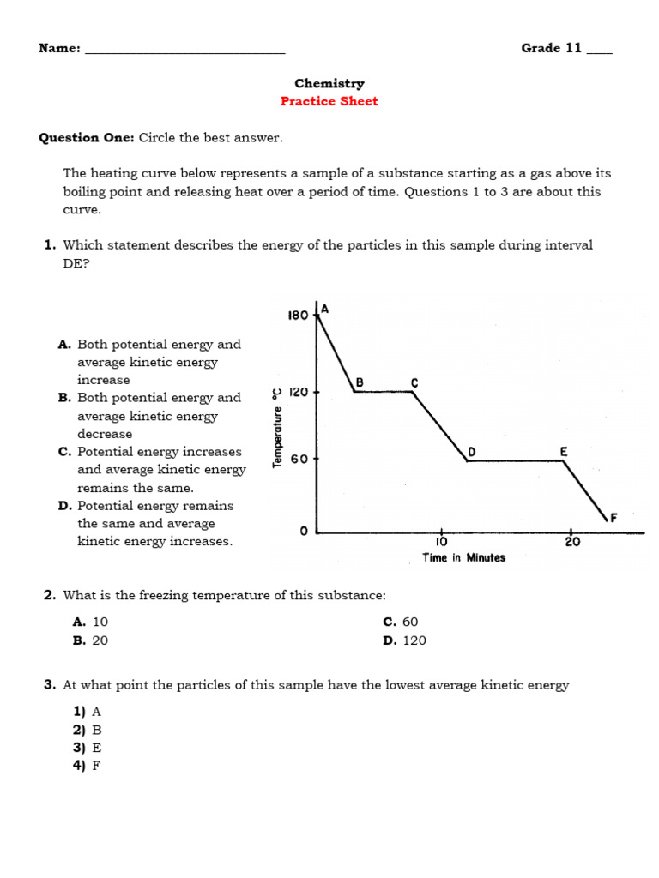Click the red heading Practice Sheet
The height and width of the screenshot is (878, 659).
point(329,101)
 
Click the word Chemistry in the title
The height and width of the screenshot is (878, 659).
point(329,83)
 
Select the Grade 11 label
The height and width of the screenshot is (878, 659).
point(552,48)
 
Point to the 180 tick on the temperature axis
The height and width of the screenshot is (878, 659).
point(297,316)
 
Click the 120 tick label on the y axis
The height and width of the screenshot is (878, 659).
point(297,392)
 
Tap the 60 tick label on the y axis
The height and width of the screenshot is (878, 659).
point(299,460)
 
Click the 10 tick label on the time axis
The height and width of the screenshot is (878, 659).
point(440,542)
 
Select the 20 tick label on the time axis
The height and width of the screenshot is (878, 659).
point(572,542)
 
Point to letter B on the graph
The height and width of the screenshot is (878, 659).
point(360,382)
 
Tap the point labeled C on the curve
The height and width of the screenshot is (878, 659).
point(414,383)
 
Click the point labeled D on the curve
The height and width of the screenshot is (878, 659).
point(470,452)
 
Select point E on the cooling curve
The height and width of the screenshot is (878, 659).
point(564,451)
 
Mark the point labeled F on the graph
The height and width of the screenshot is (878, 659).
point(613,518)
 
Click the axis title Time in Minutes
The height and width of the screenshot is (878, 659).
point(463,558)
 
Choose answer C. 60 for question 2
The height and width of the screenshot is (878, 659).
point(401,622)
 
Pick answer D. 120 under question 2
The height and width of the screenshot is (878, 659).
point(404,640)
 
